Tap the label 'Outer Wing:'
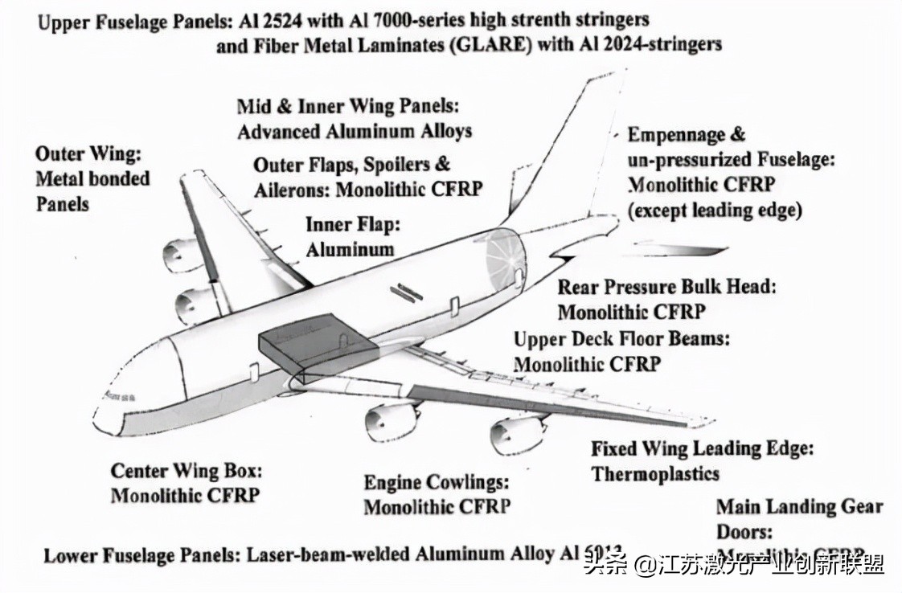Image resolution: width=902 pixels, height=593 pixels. click(x=88, y=153)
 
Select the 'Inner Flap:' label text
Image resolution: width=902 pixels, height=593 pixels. click(x=352, y=223)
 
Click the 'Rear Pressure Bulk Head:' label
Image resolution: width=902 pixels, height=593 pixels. click(x=667, y=287)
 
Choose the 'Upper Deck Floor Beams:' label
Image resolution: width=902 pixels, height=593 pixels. click(x=621, y=338)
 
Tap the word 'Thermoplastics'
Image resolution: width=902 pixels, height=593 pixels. click(x=655, y=473)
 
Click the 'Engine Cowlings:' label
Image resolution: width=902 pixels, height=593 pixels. click(x=437, y=482)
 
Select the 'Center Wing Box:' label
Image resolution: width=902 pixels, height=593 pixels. click(x=187, y=470)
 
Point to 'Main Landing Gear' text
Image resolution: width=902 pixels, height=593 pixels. click(x=799, y=506)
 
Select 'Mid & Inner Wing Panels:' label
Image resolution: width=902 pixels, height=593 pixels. click(x=346, y=106)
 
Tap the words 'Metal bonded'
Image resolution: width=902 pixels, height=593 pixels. click(x=92, y=178)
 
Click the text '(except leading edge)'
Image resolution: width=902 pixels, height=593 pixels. click(x=715, y=211)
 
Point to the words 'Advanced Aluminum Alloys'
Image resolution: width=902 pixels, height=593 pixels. click(x=355, y=130)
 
